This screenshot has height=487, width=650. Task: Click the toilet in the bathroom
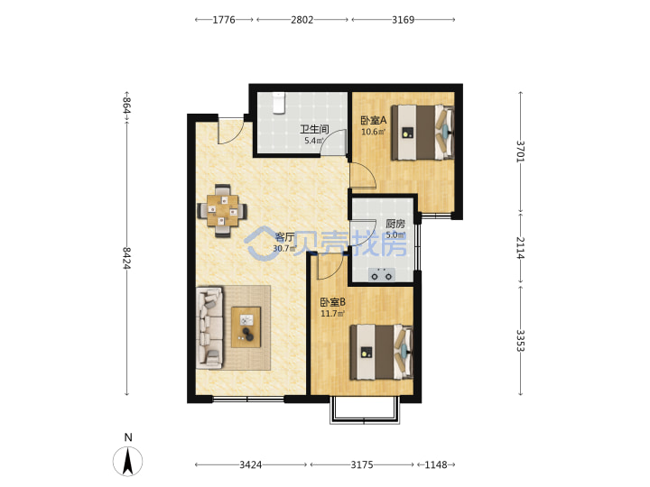click(279, 103)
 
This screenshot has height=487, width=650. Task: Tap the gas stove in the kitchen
click(382, 274)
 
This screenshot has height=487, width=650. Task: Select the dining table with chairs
click(223, 211)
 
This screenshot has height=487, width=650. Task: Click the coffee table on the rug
click(246, 327)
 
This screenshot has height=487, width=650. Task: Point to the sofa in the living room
click(209, 328)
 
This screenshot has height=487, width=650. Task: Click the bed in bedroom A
click(422, 132)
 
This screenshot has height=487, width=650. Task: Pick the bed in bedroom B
click(381, 352)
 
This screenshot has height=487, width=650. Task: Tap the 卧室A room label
click(374, 121)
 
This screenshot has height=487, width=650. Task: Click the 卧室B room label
click(333, 302)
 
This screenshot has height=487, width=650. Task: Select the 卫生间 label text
click(314, 129)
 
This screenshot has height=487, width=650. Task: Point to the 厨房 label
click(395, 224)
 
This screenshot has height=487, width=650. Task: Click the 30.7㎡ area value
click(284, 249)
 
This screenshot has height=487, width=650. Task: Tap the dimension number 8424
click(127, 258)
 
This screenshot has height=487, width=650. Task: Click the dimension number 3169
click(404, 20)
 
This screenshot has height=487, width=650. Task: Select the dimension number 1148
click(436, 464)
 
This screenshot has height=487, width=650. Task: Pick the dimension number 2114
click(521, 248)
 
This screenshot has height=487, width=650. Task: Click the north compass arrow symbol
click(127, 462)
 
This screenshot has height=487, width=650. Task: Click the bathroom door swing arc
click(330, 139)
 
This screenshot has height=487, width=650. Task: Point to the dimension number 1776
click(224, 20)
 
